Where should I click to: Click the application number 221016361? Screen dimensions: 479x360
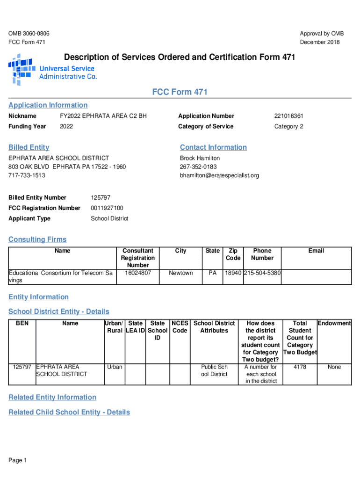288,116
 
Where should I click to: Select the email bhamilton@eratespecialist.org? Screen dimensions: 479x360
219,175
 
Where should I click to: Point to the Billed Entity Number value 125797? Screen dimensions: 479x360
101,197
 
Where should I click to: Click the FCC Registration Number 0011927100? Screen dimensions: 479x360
107,208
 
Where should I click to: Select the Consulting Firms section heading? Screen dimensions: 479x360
37,239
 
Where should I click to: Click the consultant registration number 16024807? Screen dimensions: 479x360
137,273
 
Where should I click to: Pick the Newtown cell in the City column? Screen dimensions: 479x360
180,273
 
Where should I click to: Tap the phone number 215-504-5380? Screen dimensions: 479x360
262,273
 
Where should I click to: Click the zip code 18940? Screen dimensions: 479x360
233,273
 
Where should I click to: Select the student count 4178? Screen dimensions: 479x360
300,367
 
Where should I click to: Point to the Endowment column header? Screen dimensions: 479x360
334,323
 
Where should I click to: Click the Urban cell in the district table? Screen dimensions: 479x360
114,367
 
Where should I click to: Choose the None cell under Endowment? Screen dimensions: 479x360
334,367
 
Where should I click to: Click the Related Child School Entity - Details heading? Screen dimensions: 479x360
69,412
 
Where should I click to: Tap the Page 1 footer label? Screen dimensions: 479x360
18,461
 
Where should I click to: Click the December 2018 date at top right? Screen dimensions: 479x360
320,42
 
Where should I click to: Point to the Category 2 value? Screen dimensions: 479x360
289,126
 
